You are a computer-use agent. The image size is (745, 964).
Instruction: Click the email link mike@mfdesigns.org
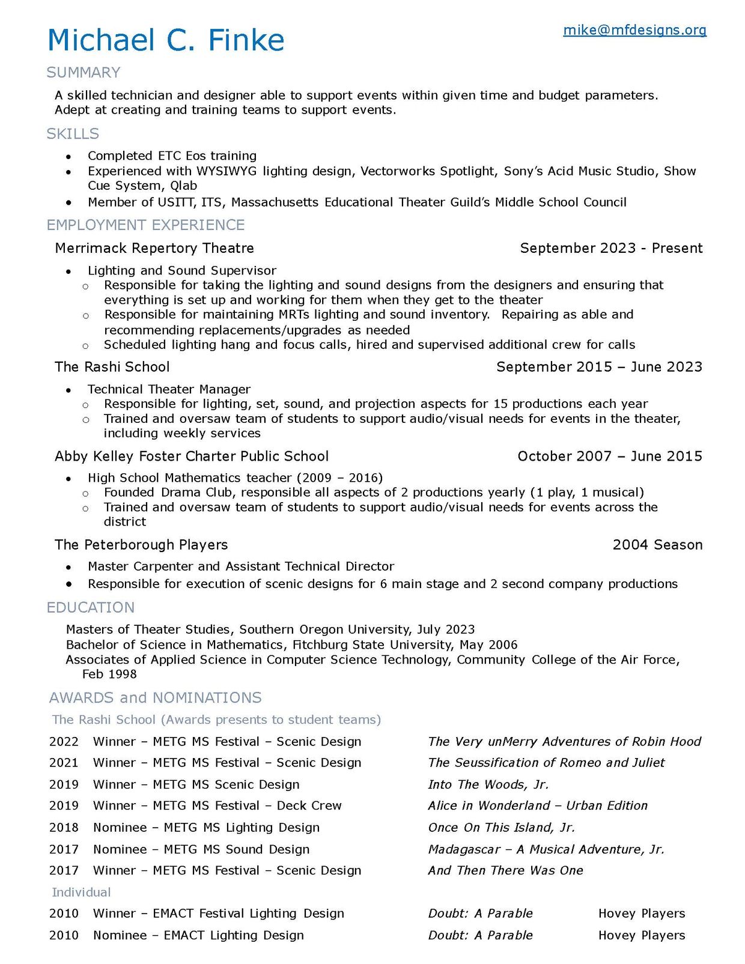tap(634, 30)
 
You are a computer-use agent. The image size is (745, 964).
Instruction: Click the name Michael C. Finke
tap(166, 41)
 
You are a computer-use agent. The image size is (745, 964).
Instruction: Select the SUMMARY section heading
tap(84, 73)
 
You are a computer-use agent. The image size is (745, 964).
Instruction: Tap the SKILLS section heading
tap(73, 134)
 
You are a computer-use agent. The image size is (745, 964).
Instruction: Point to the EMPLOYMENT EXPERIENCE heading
tap(145, 225)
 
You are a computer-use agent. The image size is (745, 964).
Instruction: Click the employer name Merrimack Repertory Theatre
tap(154, 248)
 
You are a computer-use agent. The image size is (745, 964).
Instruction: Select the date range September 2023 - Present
tap(611, 248)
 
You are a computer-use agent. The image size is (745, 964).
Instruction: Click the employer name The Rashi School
tap(112, 367)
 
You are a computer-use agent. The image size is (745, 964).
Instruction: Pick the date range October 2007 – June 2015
tap(610, 456)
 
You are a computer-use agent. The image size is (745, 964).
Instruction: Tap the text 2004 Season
tap(657, 545)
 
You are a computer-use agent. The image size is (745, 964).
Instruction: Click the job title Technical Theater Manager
tap(169, 389)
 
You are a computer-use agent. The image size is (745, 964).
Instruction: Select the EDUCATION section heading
tap(91, 608)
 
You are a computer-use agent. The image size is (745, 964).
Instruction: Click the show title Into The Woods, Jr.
tap(488, 784)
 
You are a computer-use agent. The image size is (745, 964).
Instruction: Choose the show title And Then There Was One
tap(505, 870)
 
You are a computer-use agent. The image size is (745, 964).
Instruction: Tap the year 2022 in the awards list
tap(64, 742)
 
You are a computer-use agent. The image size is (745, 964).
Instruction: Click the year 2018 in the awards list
tap(64, 828)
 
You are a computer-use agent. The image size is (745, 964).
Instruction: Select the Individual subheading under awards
tap(81, 893)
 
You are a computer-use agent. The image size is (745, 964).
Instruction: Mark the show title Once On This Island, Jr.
tap(501, 828)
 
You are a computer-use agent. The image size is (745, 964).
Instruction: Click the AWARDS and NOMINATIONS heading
tap(156, 698)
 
